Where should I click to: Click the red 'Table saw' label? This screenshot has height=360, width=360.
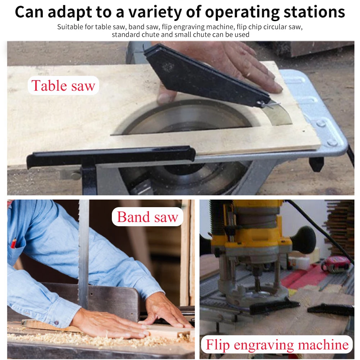[x=63, y=86]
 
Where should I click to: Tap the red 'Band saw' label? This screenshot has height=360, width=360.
[x=147, y=217]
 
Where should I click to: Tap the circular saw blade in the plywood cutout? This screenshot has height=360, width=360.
[x=187, y=119]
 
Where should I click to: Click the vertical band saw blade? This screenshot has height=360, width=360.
[x=83, y=252]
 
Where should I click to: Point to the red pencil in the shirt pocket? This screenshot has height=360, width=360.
[x=13, y=243]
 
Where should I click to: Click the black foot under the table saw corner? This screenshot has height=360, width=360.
[x=316, y=164]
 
